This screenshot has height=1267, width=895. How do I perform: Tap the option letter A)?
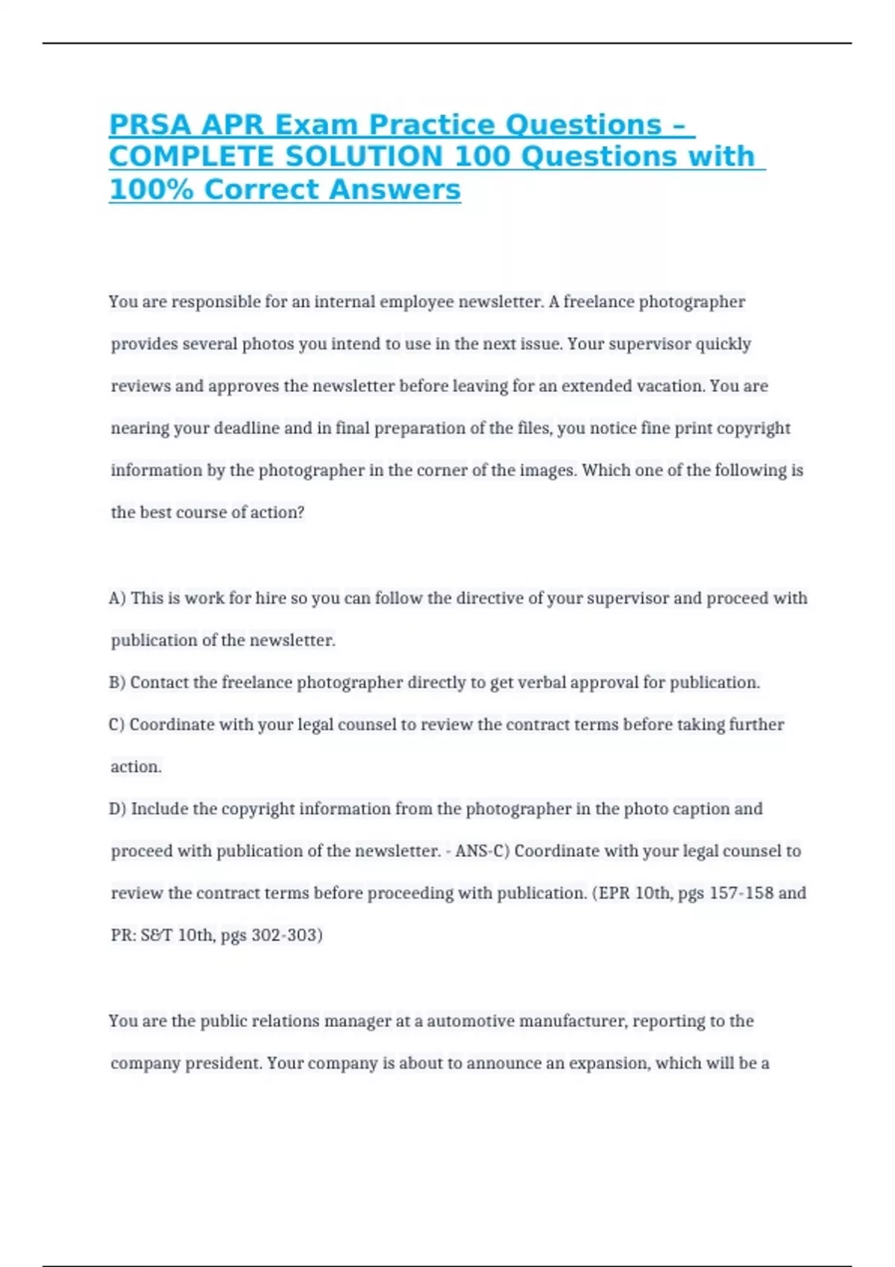pos(118,598)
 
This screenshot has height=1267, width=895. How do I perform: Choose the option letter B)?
pos(118,682)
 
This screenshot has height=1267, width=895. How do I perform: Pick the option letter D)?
pos(118,809)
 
